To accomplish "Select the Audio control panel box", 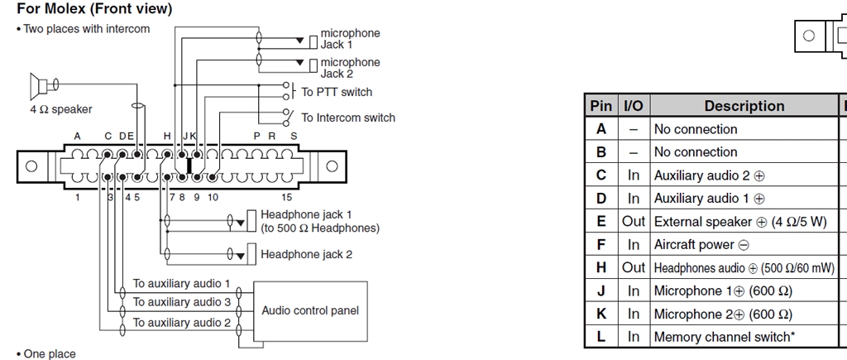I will pos(310,310).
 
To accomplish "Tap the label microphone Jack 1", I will pos(350,38).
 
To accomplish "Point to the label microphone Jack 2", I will pos(350,67).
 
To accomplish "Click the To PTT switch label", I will pos(337,92).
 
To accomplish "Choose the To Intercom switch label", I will pos(347,118).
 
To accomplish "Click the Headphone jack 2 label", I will pos(306,254).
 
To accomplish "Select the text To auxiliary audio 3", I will pos(181,303).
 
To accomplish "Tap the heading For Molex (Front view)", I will pos(94,10).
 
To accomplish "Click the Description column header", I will pos(744,106).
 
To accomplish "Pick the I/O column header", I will pos(633,106).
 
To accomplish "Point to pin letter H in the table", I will pos(601,267).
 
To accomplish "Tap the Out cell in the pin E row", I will pos(633,222).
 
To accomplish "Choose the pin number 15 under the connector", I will pos(287,197).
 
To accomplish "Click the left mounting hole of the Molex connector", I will pos(31,166).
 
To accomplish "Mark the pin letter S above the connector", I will pos(294,136).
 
